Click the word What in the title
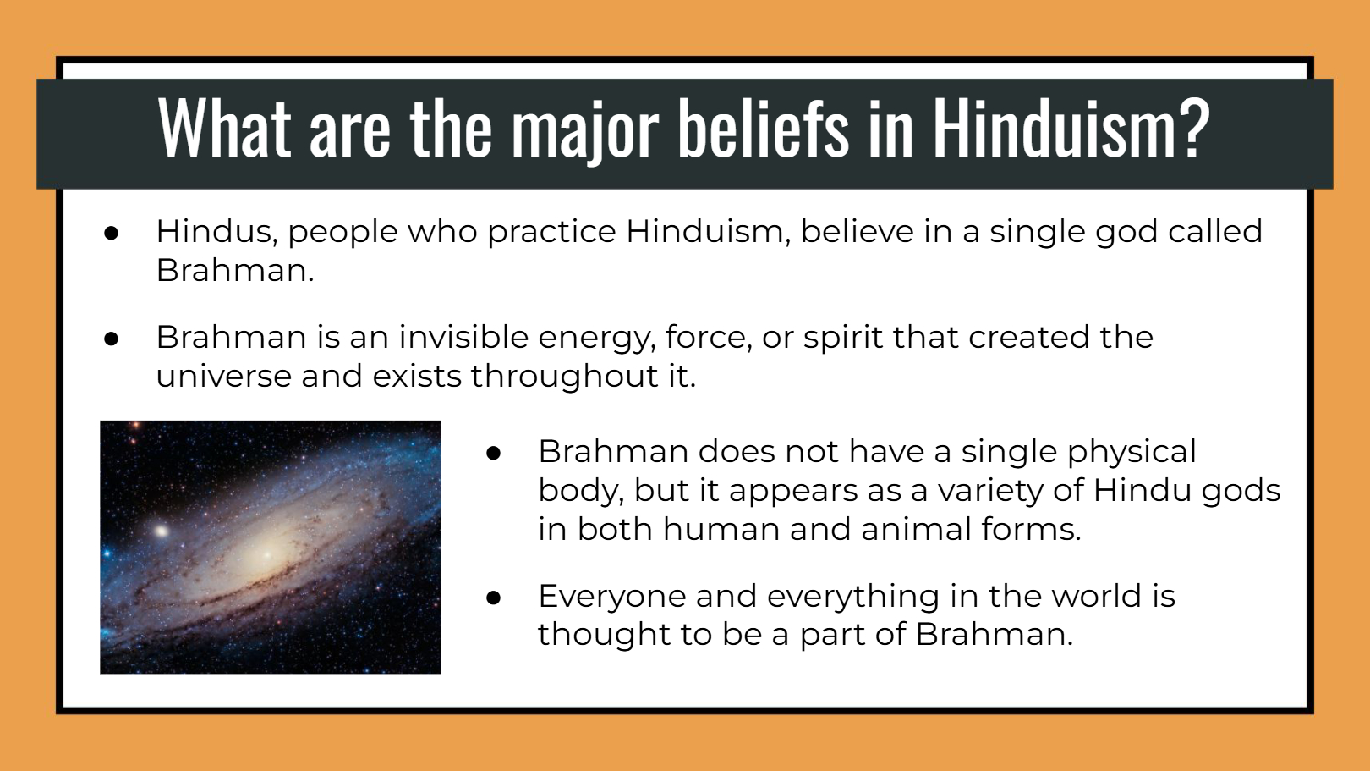[x=225, y=129]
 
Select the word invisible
[x=463, y=337]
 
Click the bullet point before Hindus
[x=112, y=233]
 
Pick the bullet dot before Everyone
[x=494, y=598]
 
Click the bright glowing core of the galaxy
[x=266, y=555]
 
